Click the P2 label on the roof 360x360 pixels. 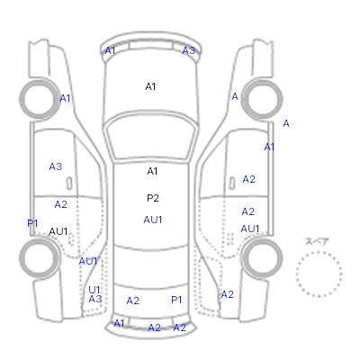[x=153, y=198]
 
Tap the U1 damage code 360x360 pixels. [x=94, y=290]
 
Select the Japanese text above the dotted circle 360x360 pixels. [x=317, y=241]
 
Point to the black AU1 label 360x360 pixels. [x=58, y=231]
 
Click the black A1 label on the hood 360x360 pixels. [x=150, y=86]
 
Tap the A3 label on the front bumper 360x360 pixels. [x=189, y=50]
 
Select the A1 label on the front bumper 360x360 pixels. [x=110, y=50]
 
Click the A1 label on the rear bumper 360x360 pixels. [x=119, y=323]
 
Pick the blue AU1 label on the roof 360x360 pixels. [x=153, y=220]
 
